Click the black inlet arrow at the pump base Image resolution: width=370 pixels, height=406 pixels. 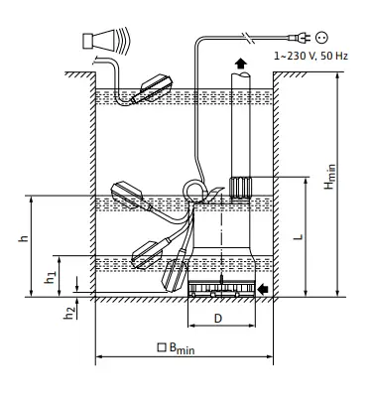coord(264,289)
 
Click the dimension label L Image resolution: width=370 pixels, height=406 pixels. coord(299,238)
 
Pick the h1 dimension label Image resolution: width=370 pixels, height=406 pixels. coord(50,278)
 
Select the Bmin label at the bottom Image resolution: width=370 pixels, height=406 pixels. coord(184,349)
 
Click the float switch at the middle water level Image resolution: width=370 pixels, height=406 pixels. coord(129,195)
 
